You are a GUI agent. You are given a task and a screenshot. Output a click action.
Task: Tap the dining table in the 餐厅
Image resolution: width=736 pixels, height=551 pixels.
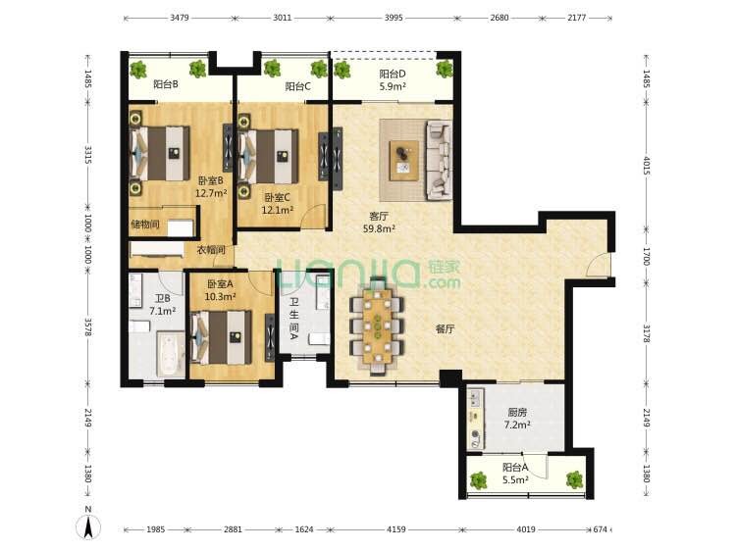tap(377, 326)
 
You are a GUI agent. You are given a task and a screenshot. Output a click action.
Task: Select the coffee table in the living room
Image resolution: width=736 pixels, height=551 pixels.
tap(404, 160)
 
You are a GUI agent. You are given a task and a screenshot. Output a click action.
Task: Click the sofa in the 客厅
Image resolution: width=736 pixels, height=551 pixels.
tap(439, 160)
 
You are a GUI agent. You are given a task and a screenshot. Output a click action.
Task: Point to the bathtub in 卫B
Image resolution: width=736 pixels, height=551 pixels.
tap(170, 354)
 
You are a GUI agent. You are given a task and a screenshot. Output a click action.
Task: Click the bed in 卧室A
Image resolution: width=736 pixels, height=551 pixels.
tap(222, 337)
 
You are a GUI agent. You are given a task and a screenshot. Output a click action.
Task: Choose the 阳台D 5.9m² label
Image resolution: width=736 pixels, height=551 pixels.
tap(393, 80)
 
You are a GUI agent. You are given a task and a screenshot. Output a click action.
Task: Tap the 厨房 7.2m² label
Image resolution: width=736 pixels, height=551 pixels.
tap(517, 419)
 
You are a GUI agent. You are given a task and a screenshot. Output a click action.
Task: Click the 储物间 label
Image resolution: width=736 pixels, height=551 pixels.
tap(145, 225)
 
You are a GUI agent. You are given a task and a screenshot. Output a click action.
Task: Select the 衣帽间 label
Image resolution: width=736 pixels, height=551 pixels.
tap(211, 250)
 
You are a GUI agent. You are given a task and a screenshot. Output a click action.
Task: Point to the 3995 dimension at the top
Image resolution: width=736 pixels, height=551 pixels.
tap(394, 18)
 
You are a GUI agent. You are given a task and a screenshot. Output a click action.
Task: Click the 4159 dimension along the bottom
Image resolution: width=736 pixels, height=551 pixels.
tap(395, 529)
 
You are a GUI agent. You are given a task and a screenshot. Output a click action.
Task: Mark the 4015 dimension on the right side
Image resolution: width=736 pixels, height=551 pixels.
tap(647, 166)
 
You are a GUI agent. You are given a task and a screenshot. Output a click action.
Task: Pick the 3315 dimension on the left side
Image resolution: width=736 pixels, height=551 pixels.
tap(87, 154)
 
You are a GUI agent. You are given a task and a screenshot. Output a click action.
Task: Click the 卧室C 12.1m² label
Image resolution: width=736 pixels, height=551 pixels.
tap(277, 204)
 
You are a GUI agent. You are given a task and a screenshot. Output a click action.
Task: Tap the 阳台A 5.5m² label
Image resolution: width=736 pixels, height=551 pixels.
tap(515, 474)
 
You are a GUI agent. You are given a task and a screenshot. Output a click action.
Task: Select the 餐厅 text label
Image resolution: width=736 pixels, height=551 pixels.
tap(445, 328)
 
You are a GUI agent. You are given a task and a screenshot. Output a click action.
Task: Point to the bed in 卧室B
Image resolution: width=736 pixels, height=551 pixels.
tap(160, 153)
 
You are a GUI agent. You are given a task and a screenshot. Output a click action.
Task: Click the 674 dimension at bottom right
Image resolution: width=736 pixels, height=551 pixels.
tap(600, 529)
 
